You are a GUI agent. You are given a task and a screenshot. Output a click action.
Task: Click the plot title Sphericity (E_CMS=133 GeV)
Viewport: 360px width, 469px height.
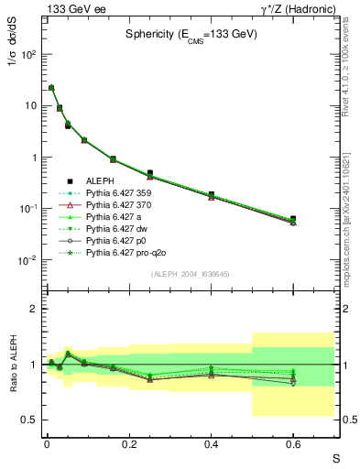191,34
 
